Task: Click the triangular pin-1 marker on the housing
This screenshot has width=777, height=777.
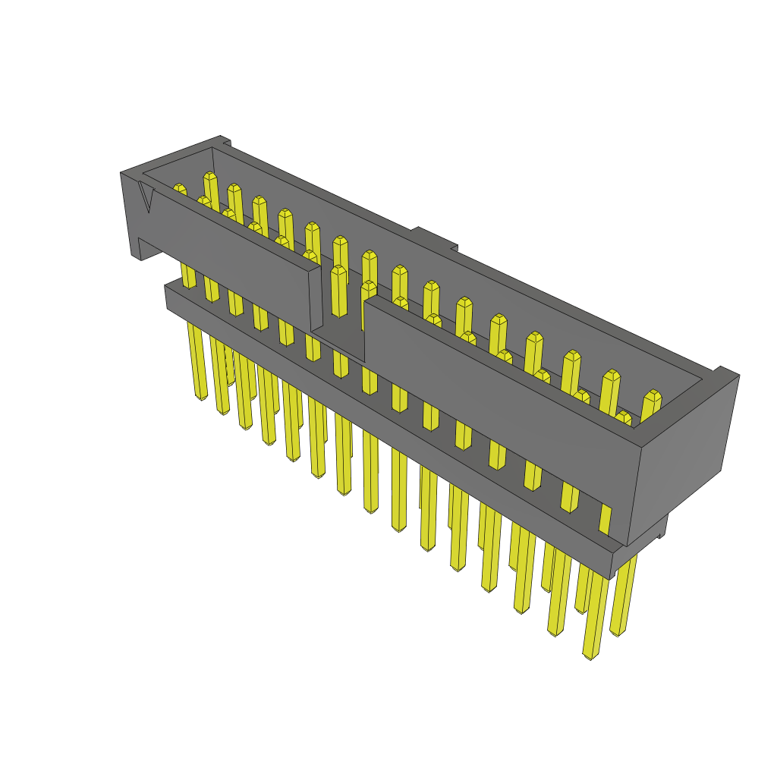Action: [146, 197]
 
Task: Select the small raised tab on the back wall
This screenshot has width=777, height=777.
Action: [434, 237]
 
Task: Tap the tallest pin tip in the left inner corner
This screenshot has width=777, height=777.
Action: [210, 178]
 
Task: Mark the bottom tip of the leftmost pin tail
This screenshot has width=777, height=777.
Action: [201, 396]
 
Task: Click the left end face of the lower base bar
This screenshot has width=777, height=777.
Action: [168, 297]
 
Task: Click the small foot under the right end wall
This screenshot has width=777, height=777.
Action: [662, 527]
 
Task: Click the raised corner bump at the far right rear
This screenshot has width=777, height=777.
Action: [725, 372]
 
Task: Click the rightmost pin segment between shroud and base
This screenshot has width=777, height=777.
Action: [605, 519]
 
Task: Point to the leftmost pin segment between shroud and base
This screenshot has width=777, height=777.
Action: [187, 275]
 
